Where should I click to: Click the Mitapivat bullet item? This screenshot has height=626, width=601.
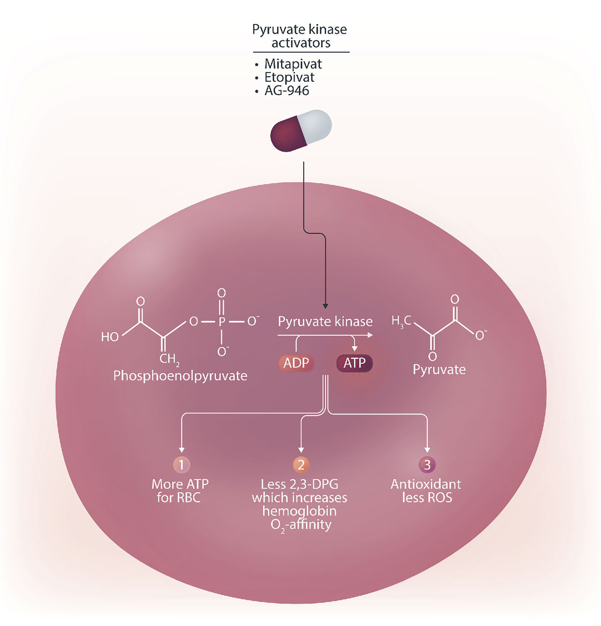[293, 64]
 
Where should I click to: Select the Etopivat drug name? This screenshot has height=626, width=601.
[289, 78]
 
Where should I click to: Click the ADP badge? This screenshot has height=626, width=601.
[296, 363]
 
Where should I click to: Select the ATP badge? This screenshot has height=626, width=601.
[354, 363]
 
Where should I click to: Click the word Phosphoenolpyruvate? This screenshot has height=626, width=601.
[180, 376]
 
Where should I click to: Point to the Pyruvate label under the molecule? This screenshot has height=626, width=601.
[439, 370]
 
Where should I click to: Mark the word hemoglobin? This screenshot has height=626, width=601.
[299, 511]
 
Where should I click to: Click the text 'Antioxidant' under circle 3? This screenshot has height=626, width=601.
[426, 484]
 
